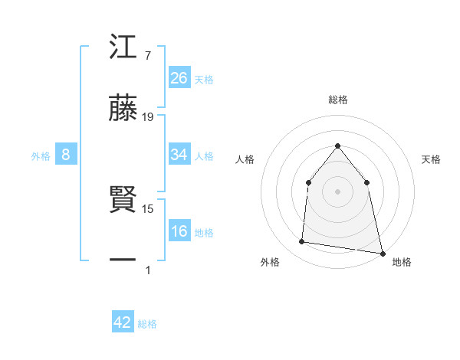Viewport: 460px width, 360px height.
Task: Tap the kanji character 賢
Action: pyautogui.click(x=123, y=201)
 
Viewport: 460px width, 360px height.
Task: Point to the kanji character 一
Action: pyautogui.click(x=123, y=260)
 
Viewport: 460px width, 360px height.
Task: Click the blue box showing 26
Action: pyautogui.click(x=179, y=77)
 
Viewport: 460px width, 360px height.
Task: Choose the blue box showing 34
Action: pyautogui.click(x=179, y=155)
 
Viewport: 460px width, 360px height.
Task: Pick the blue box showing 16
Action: pyautogui.click(x=179, y=232)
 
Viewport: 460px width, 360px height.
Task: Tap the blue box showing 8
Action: pyautogui.click(x=66, y=155)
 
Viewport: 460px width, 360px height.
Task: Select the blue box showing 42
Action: pyautogui.click(x=123, y=322)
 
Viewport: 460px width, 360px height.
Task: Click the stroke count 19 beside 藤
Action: pyautogui.click(x=148, y=117)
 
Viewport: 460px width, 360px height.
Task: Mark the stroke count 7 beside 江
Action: pyautogui.click(x=147, y=56)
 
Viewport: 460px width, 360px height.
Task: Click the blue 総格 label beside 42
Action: pyautogui.click(x=147, y=324)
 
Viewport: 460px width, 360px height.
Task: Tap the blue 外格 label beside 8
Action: pyautogui.click(x=41, y=155)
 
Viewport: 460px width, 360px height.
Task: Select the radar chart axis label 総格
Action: pyautogui.click(x=337, y=100)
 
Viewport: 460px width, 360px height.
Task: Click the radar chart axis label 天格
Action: pyautogui.click(x=432, y=159)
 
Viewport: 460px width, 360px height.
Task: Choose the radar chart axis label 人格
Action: pyautogui.click(x=245, y=159)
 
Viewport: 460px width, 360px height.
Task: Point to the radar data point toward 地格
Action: pyautogui.click(x=382, y=252)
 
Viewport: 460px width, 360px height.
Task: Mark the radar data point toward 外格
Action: pyautogui.click(x=302, y=242)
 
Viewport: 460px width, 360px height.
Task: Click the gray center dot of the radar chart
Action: pyautogui.click(x=337, y=191)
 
